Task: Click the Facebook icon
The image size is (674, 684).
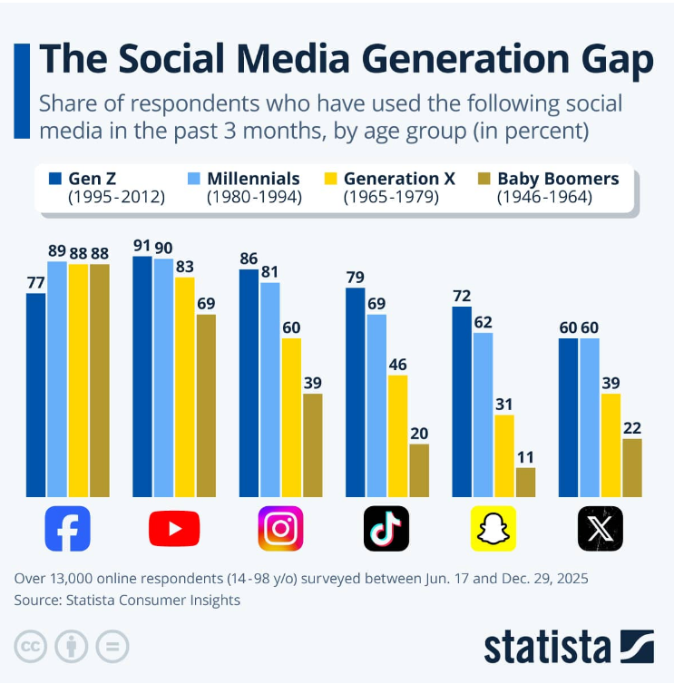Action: click(x=67, y=528)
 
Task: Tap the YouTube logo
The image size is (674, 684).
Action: click(x=174, y=528)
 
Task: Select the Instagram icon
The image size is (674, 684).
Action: click(x=280, y=528)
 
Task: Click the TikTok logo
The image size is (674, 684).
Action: click(x=386, y=528)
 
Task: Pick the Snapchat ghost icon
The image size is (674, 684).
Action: click(x=493, y=528)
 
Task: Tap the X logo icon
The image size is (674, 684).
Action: click(x=600, y=528)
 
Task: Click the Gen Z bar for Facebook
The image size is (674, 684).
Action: click(x=35, y=395)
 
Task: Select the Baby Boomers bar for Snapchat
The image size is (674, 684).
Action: click(x=525, y=482)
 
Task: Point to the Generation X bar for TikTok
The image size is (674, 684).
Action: click(x=397, y=435)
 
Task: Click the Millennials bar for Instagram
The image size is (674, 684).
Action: click(x=269, y=389)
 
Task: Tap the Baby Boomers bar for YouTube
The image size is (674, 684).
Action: click(x=206, y=406)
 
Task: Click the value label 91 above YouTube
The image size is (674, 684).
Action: click(x=142, y=245)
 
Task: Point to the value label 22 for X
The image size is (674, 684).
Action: click(x=632, y=427)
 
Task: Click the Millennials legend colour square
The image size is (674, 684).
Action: click(x=195, y=179)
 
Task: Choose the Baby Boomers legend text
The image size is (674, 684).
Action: click(x=558, y=179)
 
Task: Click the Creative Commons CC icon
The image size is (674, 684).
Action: click(x=31, y=647)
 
